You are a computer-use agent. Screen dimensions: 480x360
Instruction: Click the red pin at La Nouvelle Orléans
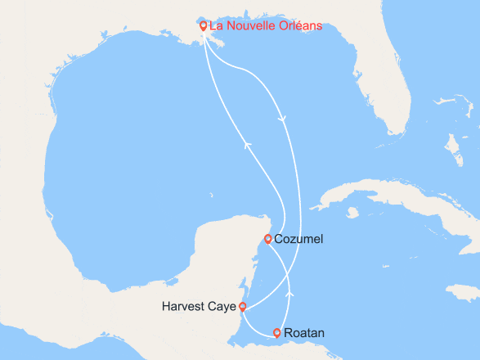point(204,25)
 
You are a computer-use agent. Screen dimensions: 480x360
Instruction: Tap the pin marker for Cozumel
point(268,239)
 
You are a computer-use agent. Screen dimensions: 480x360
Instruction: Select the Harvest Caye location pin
point(242,307)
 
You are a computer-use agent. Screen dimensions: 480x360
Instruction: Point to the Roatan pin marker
point(277,332)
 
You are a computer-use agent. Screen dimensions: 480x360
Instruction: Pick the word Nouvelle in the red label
point(248,26)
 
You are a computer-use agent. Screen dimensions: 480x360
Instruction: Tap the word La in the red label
point(216,26)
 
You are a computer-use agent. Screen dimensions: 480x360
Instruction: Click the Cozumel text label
point(299,239)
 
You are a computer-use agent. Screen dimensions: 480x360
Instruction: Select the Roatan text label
point(303,333)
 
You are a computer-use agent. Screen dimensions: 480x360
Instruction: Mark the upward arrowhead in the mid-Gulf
point(245,146)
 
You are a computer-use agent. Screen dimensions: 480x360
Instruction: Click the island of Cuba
point(384,200)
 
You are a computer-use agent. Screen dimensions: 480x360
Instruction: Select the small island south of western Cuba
point(352,213)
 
